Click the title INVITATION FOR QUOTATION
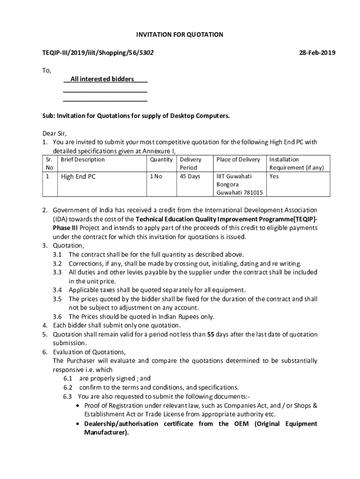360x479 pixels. pyautogui.click(x=180, y=35)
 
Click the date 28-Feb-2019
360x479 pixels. pyautogui.click(x=317, y=53)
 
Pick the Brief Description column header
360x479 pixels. pyautogui.click(x=83, y=160)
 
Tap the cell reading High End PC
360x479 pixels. pyautogui.click(x=78, y=177)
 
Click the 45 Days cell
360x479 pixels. pyautogui.click(x=190, y=176)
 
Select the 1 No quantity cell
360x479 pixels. pyautogui.click(x=156, y=176)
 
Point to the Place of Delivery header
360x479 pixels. pyautogui.click(x=238, y=160)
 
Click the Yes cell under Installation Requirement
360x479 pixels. pyautogui.click(x=274, y=176)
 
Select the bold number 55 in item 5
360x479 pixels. pyautogui.click(x=211, y=334)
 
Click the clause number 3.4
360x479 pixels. pyautogui.click(x=58, y=290)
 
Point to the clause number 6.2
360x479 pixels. pyautogui.click(x=68, y=387)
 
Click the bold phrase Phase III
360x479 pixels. pyautogui.click(x=66, y=228)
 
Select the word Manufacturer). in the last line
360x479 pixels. pyautogui.click(x=106, y=433)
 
